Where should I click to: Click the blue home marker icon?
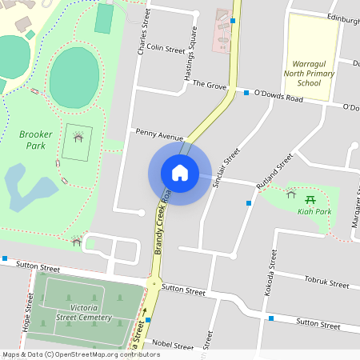click(x=179, y=172)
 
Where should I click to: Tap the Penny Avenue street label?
click(x=154, y=133)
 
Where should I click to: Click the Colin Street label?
click(x=166, y=49)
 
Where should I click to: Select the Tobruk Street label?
click(x=326, y=282)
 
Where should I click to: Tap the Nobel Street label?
click(x=172, y=346)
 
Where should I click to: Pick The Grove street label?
click(x=210, y=84)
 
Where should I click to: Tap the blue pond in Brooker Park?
click(x=28, y=188)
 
